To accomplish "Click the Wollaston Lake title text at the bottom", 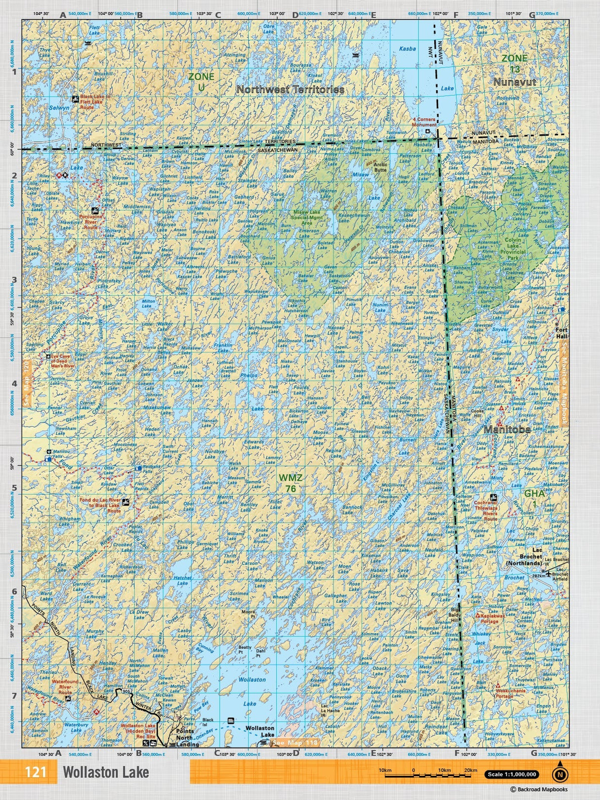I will [106, 772].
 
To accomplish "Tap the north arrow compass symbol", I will [559, 774].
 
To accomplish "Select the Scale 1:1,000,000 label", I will [512, 775].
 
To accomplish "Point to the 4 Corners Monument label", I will [425, 122].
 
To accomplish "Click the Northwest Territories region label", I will [290, 89].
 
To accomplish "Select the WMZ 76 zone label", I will [290, 483].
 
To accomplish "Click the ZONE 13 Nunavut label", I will [514, 70].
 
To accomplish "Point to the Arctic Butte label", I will [381, 167].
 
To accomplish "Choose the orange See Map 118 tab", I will [295, 743].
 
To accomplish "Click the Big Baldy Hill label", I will [455, 615].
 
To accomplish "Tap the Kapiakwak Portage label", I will [489, 618].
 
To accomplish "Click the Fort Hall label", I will [561, 333].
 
